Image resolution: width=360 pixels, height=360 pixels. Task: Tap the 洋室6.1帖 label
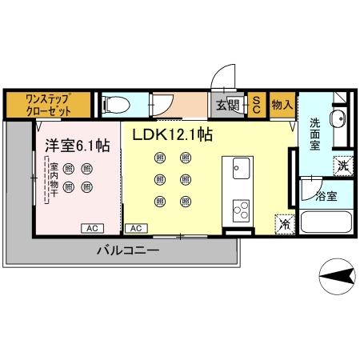point(77,145)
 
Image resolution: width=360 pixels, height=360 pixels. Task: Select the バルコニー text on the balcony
point(128,250)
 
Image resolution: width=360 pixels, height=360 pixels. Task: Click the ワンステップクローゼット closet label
point(49,105)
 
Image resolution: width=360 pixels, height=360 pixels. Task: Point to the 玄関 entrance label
point(227,105)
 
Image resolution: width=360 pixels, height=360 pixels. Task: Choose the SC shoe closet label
point(257,105)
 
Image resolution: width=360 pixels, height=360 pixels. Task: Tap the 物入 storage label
point(280,105)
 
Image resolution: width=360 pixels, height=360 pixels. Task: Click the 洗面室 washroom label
point(314,134)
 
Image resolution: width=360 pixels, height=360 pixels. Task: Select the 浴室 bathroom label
point(325,194)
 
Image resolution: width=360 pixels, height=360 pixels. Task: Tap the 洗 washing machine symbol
point(342,166)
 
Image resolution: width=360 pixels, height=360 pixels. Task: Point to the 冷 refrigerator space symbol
point(284,224)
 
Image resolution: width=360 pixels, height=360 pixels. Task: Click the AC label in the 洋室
point(91,228)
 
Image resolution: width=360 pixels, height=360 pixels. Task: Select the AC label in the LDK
point(136,228)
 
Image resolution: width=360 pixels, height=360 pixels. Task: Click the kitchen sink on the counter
point(241,169)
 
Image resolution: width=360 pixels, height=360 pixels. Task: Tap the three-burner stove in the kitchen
point(241,210)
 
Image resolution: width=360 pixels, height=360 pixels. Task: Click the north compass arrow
point(338,276)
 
